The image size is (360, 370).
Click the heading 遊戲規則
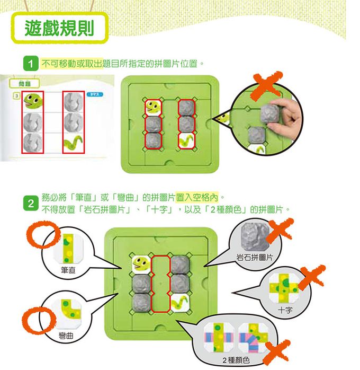coord(59,28)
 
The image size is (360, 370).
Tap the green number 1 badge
coord(31,63)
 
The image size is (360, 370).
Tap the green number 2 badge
coord(31,204)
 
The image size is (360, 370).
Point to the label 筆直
coord(68,270)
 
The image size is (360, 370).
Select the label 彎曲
coord(66,335)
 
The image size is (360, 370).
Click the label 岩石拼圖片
coord(255,257)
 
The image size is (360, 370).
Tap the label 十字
coord(285,310)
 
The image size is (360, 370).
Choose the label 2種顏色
coord(236,360)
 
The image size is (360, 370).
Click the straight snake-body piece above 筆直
coord(68,249)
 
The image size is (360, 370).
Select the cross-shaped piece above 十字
coord(283,288)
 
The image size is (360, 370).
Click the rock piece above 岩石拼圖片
coord(255,236)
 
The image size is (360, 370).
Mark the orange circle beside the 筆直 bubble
coord(43,234)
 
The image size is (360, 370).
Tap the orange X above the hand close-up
coord(266,85)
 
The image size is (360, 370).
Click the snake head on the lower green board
coord(141,263)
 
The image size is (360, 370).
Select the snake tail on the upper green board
coord(186,140)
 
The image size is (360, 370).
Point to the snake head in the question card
coord(33,102)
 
